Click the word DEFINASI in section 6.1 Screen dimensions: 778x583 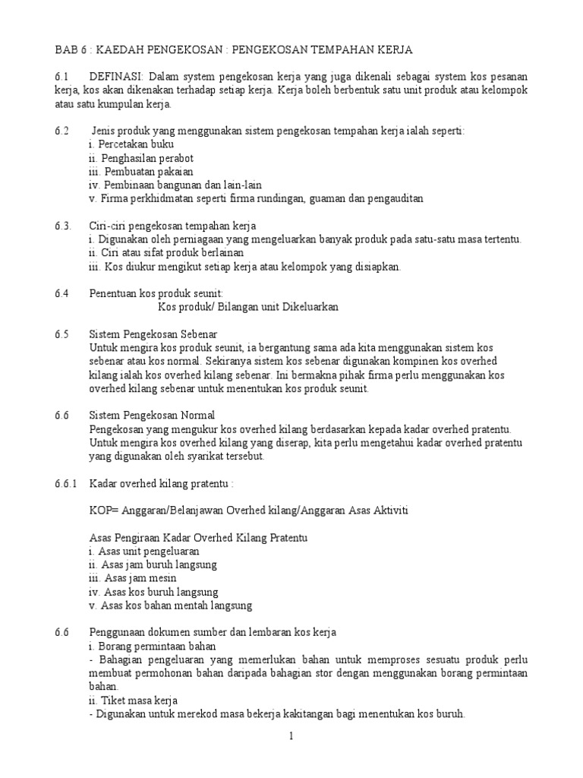pyautogui.click(x=116, y=77)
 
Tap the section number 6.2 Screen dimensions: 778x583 pyautogui.click(x=61, y=131)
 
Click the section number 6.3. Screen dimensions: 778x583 pyautogui.click(x=63, y=226)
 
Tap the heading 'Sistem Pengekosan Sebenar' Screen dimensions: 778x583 pyautogui.click(x=153, y=334)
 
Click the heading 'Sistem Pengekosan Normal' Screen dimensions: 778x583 pyautogui.click(x=153, y=416)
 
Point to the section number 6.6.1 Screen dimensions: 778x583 pyautogui.click(x=66, y=484)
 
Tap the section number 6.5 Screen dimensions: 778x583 pyautogui.click(x=61, y=334)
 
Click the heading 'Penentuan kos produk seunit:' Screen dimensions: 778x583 pyautogui.click(x=156, y=293)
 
